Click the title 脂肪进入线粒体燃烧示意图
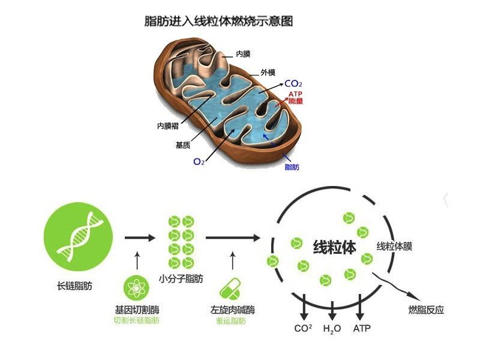point(218,21)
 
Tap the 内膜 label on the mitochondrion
point(243,54)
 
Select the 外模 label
point(268,73)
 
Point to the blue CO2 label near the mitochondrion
point(293,83)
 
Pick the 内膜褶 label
point(169,126)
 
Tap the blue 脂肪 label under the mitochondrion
point(292,167)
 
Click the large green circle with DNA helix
point(79,238)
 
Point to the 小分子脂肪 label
point(181,279)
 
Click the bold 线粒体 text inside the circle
point(335,247)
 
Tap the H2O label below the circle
point(332,329)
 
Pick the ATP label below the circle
point(362,329)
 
